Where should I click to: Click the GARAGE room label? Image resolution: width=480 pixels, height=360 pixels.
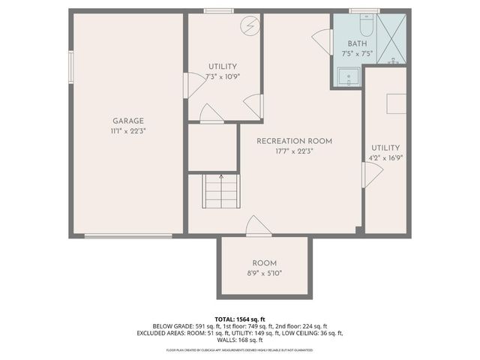128,121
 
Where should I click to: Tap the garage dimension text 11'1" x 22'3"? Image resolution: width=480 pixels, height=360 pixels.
128,130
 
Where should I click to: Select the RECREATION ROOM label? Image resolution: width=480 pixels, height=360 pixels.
294,141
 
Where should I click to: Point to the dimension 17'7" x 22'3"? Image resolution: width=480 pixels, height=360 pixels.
294,151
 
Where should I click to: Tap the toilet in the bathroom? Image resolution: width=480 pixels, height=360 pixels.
366,27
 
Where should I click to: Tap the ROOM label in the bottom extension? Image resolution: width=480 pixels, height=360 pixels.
264,263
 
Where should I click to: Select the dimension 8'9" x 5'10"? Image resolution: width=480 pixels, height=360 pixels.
264,273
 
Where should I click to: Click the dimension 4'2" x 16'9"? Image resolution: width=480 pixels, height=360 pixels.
385,158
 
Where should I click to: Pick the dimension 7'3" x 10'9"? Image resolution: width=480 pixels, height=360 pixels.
223,76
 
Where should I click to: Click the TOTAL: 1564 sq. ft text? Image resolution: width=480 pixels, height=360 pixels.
239,319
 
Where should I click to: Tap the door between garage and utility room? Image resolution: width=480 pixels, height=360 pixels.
193,85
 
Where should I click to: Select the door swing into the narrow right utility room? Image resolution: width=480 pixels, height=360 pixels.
372,175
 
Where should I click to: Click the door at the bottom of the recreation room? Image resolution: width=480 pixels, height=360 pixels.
258,226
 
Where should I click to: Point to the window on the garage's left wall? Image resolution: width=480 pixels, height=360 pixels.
71,67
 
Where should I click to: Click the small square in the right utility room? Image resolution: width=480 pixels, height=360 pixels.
396,103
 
